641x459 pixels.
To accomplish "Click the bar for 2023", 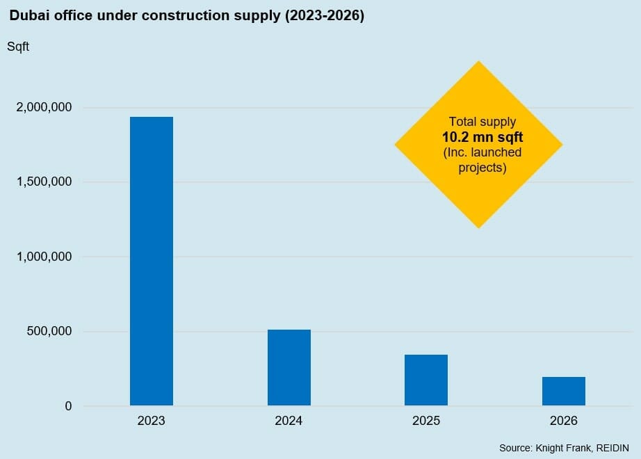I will tap(152, 261).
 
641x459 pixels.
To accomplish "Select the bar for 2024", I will tap(289, 367).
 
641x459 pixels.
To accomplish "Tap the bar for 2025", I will tap(426, 380).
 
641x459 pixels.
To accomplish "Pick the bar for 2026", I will tap(564, 391).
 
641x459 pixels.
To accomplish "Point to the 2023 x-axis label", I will tap(152, 421).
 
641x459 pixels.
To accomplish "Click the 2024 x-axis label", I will tap(289, 421).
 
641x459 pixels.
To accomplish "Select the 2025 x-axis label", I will tap(426, 421).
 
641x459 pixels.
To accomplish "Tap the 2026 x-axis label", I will tap(564, 421).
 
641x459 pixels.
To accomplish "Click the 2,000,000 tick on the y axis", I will tap(44, 108).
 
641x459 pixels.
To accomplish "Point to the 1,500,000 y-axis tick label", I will tap(44, 182).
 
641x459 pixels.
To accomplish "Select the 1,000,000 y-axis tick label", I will tap(44, 257).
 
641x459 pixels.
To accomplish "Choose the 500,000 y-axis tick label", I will tap(49, 331).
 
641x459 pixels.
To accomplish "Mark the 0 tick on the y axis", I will tap(68, 406).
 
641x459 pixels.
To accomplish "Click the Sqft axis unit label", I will tap(18, 47).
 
